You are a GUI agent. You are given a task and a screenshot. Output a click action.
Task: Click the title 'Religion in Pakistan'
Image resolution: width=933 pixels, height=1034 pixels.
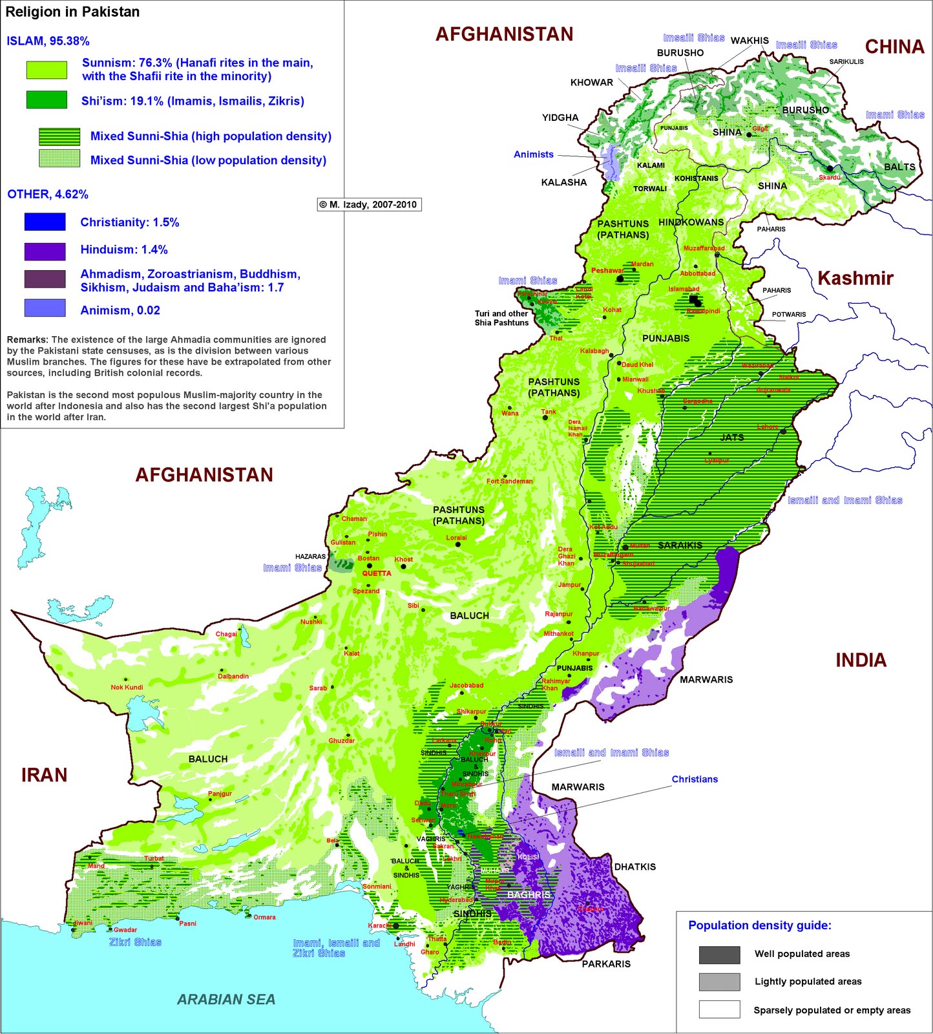[x=72, y=12]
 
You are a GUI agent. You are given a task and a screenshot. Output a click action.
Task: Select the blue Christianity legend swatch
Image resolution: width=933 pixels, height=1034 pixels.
[x=45, y=222]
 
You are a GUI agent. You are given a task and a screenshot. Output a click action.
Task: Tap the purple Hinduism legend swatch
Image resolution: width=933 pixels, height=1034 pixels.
[x=45, y=251]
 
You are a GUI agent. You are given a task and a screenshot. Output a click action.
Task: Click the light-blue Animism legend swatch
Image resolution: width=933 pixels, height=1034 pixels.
[x=45, y=308]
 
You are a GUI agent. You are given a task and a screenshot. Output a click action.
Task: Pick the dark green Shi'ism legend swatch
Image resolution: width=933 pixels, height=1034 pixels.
[x=47, y=100]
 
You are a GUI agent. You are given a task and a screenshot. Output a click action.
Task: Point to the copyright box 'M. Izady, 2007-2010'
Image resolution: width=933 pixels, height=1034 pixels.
[x=369, y=204]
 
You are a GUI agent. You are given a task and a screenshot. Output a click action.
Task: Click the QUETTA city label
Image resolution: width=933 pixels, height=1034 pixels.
[x=377, y=573]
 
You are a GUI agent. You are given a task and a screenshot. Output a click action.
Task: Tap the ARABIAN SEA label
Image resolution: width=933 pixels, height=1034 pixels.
[x=226, y=999]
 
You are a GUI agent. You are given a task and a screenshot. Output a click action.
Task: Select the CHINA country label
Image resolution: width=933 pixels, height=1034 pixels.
[x=894, y=47]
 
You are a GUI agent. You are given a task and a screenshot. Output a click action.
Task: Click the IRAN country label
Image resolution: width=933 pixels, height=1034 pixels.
[x=44, y=775]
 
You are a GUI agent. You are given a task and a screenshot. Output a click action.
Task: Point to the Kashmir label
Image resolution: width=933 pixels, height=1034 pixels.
[x=855, y=278]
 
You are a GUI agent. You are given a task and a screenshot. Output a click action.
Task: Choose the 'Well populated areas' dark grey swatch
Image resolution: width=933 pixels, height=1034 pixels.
[x=719, y=955]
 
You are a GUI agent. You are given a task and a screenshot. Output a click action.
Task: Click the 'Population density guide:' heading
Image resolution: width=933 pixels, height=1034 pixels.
[x=759, y=925]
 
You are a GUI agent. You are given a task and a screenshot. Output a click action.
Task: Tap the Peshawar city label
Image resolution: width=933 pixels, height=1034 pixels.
[x=607, y=270]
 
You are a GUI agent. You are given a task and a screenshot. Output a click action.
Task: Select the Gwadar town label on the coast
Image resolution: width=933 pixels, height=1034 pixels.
[x=125, y=929]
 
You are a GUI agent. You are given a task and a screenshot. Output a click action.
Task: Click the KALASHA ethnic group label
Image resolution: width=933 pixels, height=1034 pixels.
[x=563, y=182]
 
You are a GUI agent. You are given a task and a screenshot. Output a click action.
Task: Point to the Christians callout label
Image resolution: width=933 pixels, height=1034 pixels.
[x=695, y=779]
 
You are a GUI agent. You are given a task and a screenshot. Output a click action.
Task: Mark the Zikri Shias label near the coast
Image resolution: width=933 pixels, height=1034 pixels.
[x=135, y=942]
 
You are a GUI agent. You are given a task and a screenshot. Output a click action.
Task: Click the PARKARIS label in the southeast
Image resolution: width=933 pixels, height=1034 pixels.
[x=606, y=964]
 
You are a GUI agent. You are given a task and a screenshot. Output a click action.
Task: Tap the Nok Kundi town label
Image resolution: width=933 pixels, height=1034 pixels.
[x=127, y=687]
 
